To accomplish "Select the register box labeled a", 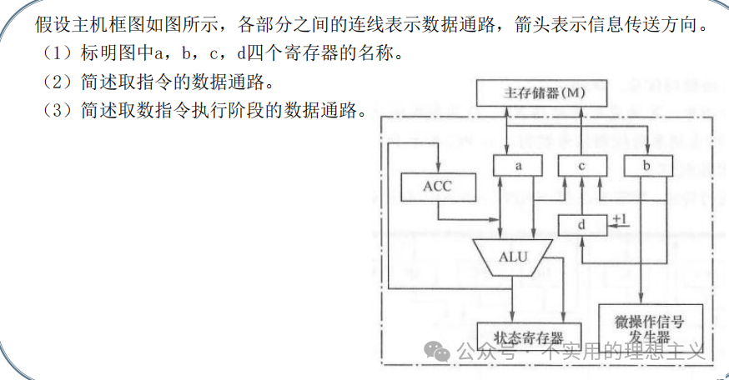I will coord(518,165).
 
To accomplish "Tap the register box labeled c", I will coord(583,165).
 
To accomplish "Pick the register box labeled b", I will coord(648,165).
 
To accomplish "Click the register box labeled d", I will coord(583,224).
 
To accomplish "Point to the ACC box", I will coord(437,186).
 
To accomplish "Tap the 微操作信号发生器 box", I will coord(646,327).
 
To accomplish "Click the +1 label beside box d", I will coord(620,220).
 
